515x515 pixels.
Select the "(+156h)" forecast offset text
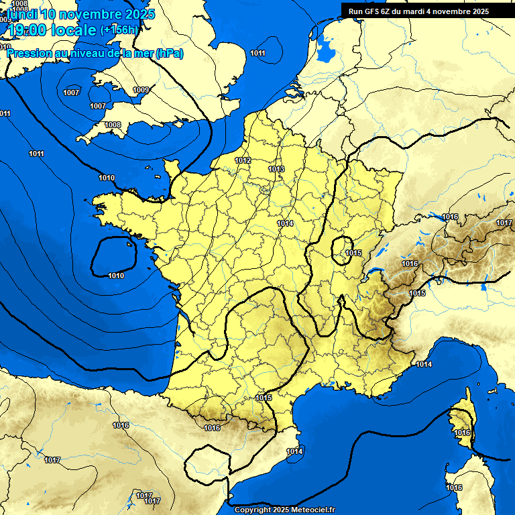[x=119, y=30]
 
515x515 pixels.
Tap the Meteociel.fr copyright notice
[x=284, y=510]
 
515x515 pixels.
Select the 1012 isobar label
[x=243, y=160]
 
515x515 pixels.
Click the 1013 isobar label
[x=276, y=169]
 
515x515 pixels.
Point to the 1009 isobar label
[x=141, y=90]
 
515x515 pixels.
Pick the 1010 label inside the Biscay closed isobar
[x=115, y=276]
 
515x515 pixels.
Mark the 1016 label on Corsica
[x=463, y=433]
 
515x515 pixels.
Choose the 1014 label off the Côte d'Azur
[x=424, y=364]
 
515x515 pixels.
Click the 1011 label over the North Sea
[x=257, y=53]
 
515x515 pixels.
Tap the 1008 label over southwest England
[x=113, y=125]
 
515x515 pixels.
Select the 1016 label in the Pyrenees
[x=212, y=428]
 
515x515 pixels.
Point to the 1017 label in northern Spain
[x=52, y=460]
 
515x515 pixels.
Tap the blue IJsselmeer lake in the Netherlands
[x=327, y=47]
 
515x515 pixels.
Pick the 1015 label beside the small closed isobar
[x=354, y=253]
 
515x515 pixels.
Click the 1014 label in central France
[x=285, y=223]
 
